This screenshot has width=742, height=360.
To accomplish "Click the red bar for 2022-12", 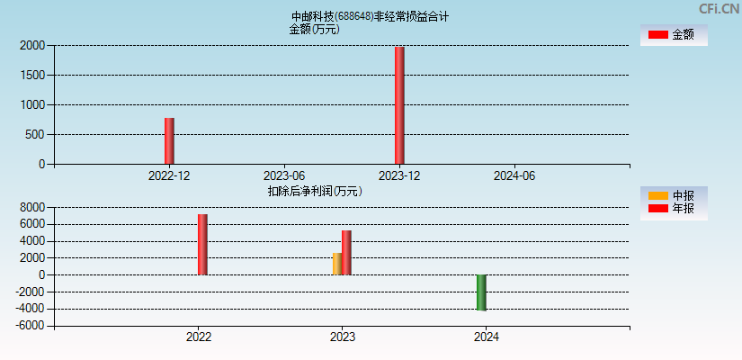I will point(169,141).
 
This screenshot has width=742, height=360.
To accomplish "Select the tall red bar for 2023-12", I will point(399,105).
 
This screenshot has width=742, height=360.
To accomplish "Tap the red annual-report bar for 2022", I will point(202,245).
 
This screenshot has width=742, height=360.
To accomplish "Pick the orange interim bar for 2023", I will point(336,264).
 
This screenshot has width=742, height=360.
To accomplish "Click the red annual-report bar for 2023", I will point(346,253).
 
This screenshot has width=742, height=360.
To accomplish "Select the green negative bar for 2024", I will point(481,292).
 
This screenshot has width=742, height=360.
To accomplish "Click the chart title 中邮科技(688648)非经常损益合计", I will point(370,16).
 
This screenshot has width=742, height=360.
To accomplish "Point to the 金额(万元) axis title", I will point(314,29).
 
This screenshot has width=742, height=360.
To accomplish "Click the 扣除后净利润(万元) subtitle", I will point(315,191).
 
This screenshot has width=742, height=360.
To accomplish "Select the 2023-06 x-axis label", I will point(284,176).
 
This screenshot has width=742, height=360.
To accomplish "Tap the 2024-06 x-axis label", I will point(514,176).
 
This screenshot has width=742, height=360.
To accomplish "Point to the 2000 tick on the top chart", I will point(32,45).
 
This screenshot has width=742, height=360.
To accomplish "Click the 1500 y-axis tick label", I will point(32,75).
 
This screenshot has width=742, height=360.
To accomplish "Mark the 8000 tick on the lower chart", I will point(32,207).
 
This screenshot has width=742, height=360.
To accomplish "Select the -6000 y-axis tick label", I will point(31,326).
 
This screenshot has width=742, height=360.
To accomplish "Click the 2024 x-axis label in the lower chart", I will point(487,337).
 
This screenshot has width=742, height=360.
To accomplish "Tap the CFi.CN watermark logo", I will point(719,9).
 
